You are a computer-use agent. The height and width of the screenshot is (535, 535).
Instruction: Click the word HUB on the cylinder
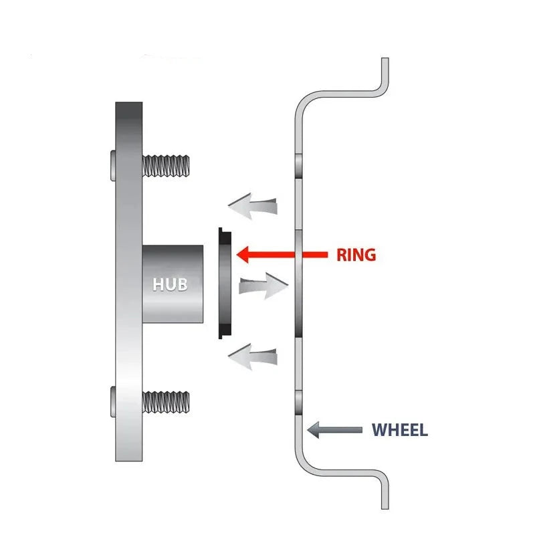pos(170,284)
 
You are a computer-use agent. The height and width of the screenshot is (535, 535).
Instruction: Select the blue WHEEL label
pos(399,430)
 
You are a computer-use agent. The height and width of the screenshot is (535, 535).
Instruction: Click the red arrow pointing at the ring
pos(274,254)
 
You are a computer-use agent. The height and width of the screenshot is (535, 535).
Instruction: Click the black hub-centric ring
pos(225,284)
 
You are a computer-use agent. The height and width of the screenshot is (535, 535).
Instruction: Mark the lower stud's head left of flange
pos(112,401)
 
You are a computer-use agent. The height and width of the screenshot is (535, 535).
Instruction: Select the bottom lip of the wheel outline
pos(384,495)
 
